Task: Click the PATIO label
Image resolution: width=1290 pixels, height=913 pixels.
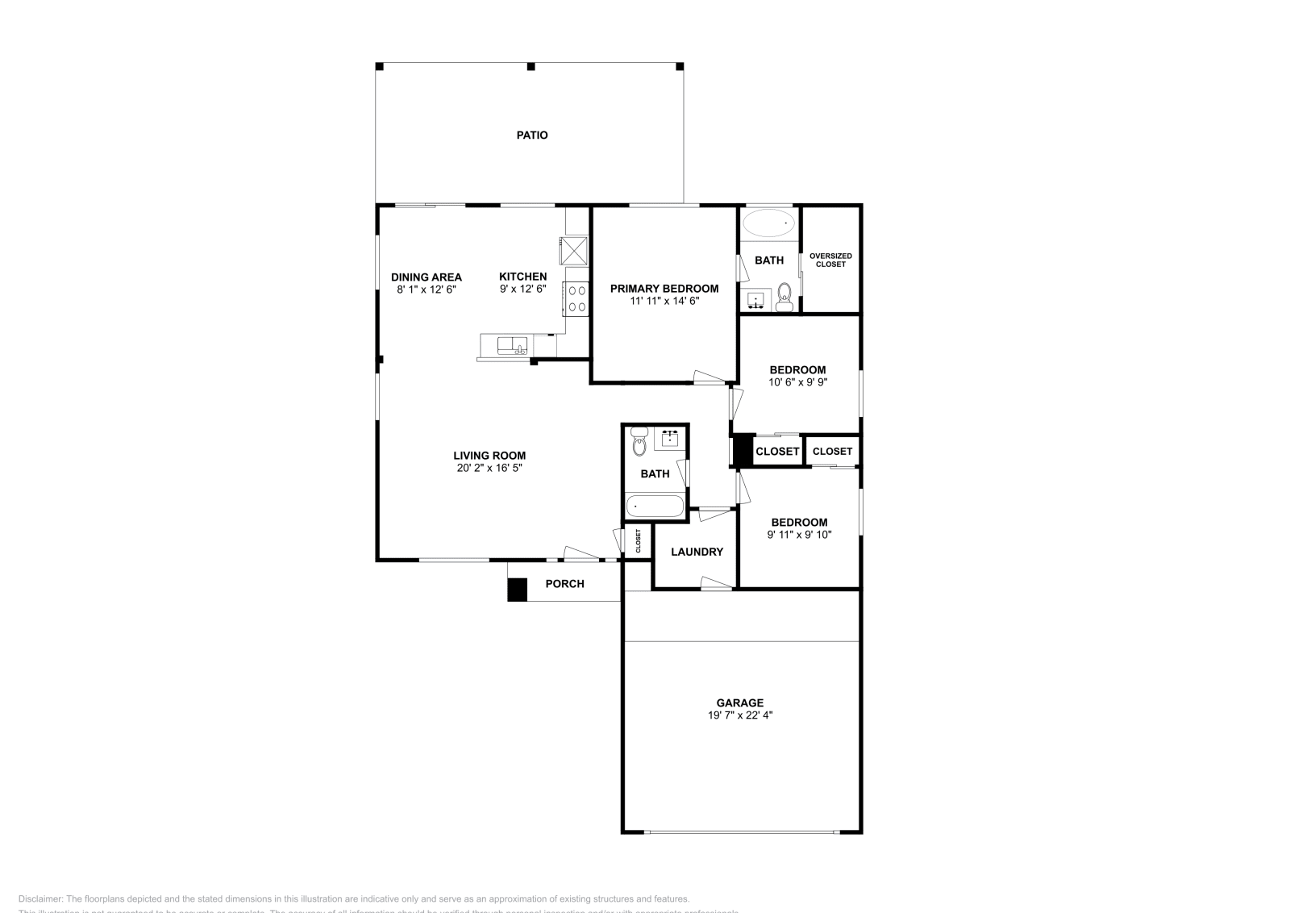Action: (532, 135)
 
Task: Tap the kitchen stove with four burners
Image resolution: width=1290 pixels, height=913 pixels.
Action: (576, 298)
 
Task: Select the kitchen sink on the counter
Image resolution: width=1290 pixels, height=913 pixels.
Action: (511, 346)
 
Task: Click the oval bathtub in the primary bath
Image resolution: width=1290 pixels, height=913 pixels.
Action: (768, 223)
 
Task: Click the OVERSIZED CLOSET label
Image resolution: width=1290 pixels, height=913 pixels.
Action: (830, 260)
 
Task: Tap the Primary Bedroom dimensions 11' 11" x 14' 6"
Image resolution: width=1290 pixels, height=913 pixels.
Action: (664, 301)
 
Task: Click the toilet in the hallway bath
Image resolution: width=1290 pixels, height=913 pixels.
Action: (639, 443)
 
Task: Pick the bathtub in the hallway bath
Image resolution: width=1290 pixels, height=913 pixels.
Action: (655, 507)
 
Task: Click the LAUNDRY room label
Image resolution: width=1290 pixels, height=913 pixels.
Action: (697, 552)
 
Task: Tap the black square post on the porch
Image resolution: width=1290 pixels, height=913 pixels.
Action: (517, 590)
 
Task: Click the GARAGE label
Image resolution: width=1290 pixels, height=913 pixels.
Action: (739, 702)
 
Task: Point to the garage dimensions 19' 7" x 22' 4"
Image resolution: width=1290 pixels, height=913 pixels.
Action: (739, 715)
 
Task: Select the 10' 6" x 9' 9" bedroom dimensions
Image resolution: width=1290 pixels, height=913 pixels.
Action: (797, 383)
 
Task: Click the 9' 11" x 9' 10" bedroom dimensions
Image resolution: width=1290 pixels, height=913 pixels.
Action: (798, 535)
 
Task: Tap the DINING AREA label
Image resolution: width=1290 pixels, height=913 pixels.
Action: (427, 277)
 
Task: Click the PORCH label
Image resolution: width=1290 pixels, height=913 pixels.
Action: (564, 584)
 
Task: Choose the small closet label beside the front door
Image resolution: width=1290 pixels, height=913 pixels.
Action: (638, 540)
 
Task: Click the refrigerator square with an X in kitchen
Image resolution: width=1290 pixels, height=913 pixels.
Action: (575, 249)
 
